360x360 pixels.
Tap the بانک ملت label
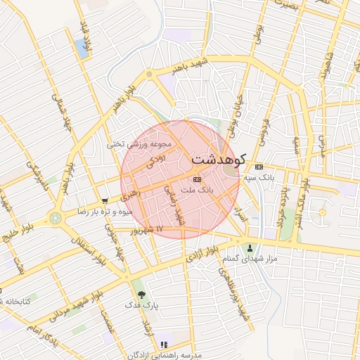pos(196,191)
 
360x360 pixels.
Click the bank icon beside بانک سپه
pos(259,167)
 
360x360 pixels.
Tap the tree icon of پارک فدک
pos(142,295)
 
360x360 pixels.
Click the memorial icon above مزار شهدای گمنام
pos(250,247)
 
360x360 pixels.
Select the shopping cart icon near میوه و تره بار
pos(105,200)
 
